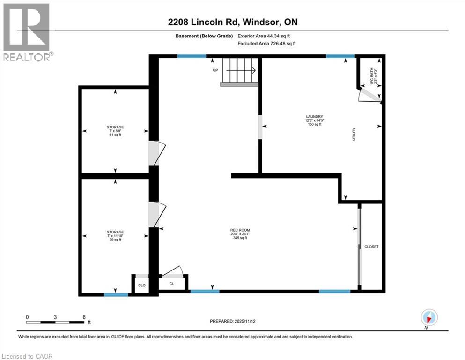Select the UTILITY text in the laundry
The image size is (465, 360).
[x=354, y=135]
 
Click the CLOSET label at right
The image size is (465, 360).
[x=371, y=247]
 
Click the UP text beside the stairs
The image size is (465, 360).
[x=215, y=71]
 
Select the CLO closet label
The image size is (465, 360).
[x=141, y=285]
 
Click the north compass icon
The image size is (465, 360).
[x=429, y=317]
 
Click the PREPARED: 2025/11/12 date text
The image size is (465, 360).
[x=232, y=321]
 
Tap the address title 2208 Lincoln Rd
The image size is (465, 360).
[x=232, y=22]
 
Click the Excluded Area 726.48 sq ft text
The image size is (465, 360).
[x=267, y=43]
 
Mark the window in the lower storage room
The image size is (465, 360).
[x=116, y=294]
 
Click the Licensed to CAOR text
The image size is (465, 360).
[x=27, y=356]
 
